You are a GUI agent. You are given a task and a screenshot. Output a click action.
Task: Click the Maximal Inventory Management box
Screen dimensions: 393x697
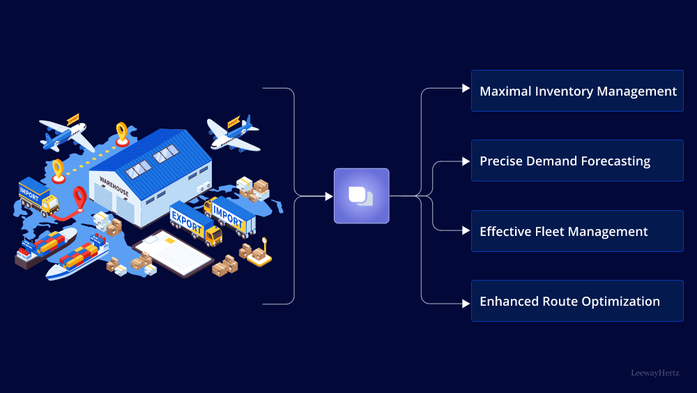pyautogui.click(x=577, y=91)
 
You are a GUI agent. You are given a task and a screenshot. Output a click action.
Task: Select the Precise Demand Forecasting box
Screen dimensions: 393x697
pyautogui.click(x=577, y=161)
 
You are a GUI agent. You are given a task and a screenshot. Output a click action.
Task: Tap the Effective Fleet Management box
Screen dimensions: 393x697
pyautogui.click(x=577, y=231)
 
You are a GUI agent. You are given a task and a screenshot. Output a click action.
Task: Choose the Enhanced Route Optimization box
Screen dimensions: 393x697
pyautogui.click(x=577, y=301)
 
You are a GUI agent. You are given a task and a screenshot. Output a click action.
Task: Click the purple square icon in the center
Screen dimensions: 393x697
pyautogui.click(x=361, y=196)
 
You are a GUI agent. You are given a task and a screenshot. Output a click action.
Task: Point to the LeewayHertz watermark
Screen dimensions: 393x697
pyautogui.click(x=654, y=373)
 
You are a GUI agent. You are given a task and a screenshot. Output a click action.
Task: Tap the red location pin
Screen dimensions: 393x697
pyautogui.click(x=79, y=198)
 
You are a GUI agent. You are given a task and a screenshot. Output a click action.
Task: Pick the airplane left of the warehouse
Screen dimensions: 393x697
pyautogui.click(x=66, y=133)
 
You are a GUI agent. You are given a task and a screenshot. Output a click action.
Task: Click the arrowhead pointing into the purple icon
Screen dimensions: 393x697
pyautogui.click(x=329, y=196)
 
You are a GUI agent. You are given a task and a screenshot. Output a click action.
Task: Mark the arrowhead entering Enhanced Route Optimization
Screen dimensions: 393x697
pyautogui.click(x=466, y=303)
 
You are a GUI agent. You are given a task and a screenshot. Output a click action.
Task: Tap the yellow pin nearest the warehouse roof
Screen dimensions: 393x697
pyautogui.click(x=122, y=133)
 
